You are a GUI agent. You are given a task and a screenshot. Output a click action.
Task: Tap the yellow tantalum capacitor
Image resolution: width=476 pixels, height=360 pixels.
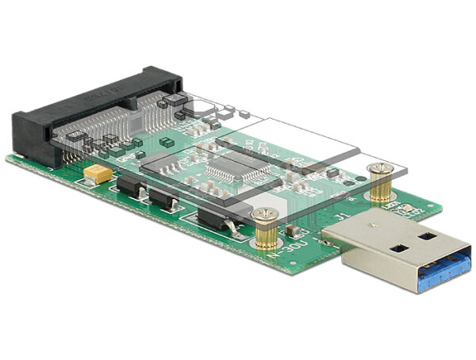coord(100,174)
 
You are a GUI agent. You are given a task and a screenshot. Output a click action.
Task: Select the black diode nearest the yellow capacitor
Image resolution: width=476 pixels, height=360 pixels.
coord(131,186)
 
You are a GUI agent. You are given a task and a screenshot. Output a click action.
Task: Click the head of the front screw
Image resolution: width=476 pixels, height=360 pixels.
coord(263,213)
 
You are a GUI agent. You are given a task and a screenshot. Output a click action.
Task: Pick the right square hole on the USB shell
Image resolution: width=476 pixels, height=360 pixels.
coord(427,236)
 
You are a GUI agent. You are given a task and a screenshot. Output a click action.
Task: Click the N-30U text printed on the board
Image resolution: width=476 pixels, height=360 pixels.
coord(284,255)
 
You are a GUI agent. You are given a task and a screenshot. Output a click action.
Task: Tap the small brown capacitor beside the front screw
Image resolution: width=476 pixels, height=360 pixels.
coord(294,232)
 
